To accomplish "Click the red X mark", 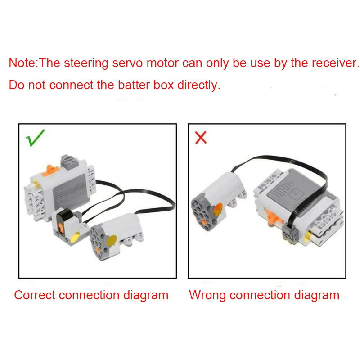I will pyautogui.click(x=201, y=137).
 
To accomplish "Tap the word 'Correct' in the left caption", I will pyautogui.click(x=35, y=295).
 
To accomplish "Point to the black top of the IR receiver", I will pyautogui.click(x=64, y=216).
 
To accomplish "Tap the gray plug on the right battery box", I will pyautogui.click(x=288, y=233).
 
